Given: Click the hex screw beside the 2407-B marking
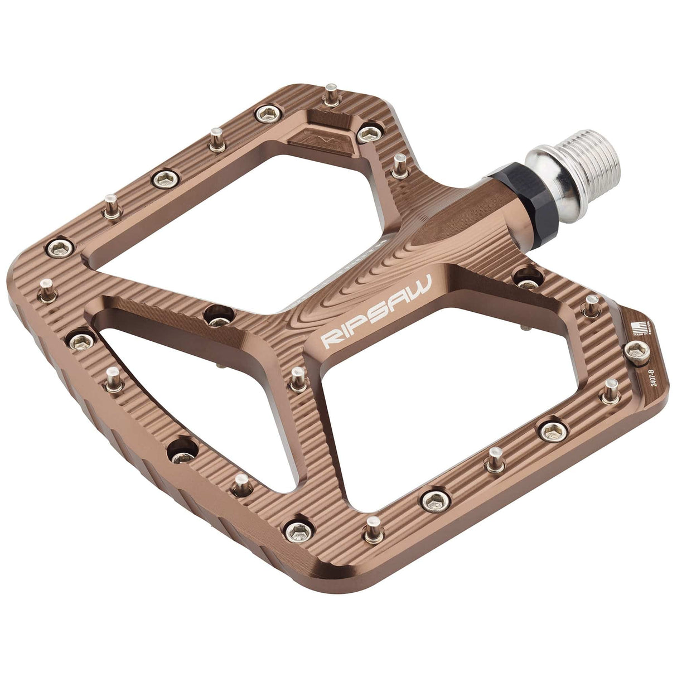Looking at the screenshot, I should (636, 351).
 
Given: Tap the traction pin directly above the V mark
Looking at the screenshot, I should (332, 96).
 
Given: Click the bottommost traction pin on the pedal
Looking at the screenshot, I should (373, 530).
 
